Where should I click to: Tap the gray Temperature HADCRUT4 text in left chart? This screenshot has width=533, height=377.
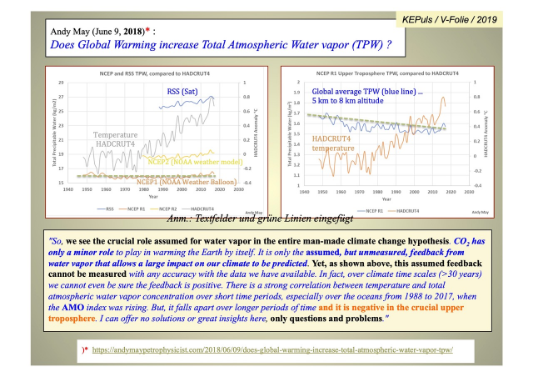tap(119, 140)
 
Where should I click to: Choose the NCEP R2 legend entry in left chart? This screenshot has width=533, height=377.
tap(168, 208)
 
